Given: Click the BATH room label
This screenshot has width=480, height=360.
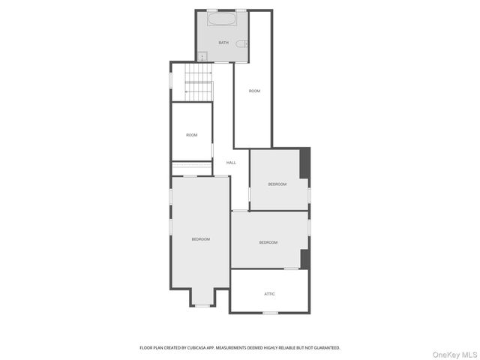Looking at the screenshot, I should point(223,43).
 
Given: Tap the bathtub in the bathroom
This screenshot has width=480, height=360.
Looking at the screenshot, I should point(221,19).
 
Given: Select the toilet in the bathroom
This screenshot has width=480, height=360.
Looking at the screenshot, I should point(241,43).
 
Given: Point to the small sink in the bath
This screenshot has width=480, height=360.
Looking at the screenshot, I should point(202,55).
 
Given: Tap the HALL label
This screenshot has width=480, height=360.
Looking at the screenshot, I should point(231,163).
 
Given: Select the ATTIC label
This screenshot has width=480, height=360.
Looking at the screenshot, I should point(269,294).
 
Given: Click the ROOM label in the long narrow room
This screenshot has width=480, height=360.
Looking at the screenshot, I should point(254,91).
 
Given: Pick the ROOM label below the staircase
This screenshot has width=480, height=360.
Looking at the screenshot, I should point(192,135).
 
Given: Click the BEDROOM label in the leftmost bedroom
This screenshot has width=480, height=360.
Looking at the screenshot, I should point(200,239).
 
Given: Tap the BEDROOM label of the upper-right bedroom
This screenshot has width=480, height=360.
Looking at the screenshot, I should point(277,184).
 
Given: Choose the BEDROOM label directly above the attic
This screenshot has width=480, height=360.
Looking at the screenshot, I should point(268,242).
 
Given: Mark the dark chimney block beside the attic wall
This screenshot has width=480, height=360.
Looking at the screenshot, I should point(304,258).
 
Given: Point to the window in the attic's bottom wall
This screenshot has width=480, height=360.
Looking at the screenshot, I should point(270,312).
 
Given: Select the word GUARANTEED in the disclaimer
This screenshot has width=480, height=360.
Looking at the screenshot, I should point(324,348).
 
